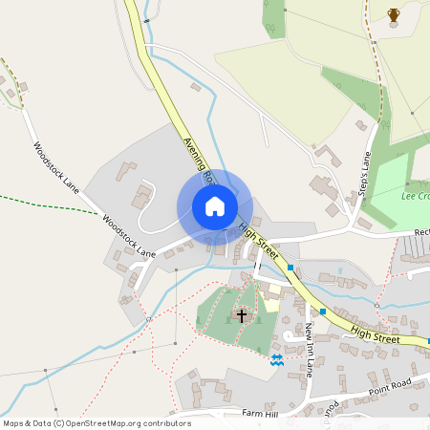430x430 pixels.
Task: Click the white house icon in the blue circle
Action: [x=214, y=206]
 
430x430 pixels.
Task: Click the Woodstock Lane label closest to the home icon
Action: [x=128, y=235]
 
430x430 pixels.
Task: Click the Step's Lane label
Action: [x=364, y=173]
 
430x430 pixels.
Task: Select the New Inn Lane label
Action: [x=310, y=350]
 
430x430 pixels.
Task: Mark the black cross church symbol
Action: [x=242, y=313]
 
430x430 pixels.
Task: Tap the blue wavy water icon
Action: [x=276, y=359]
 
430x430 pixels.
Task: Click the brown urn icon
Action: [x=394, y=14]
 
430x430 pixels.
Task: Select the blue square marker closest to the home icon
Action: [x=290, y=269]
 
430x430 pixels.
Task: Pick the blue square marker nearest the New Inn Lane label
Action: [x=323, y=312]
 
